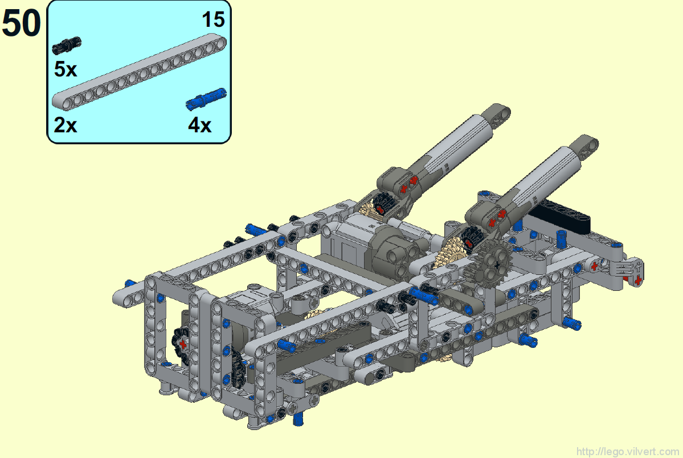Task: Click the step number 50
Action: pos(21,23)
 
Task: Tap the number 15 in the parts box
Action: pos(213,19)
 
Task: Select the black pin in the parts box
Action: pos(67,46)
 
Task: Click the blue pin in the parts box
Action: pos(206,99)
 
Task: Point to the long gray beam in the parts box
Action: pos(140,73)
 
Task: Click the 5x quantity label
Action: pos(66,70)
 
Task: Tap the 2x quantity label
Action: pos(66,125)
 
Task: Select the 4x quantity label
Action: pos(199,125)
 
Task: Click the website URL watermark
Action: pos(628,452)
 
